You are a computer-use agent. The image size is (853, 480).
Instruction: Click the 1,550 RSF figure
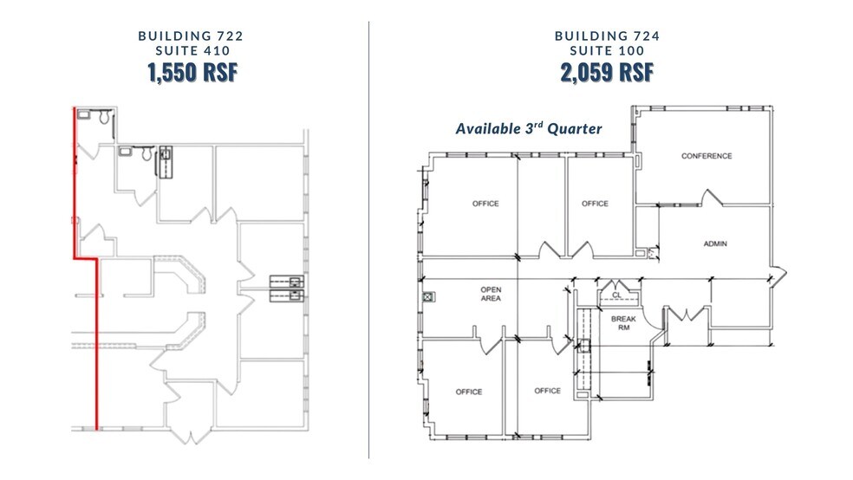pos(192,72)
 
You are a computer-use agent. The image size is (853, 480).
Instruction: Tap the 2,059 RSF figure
pos(607,72)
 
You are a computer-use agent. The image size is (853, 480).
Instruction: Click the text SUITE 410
pos(192,50)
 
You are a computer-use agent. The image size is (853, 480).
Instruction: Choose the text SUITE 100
pos(607,50)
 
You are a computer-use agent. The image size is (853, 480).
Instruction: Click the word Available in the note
pos(488,129)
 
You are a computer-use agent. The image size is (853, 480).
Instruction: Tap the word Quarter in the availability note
pos(575,129)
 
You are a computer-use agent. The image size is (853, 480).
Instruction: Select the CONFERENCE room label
pos(706,156)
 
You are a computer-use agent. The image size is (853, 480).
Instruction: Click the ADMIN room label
pos(715,244)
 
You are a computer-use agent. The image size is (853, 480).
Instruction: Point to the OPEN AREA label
pos(491,294)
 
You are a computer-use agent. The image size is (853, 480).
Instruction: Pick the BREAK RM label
pos(623,323)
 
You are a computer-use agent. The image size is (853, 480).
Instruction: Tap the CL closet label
pos(616,295)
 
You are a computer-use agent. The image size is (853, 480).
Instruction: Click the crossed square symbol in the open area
pos(429,297)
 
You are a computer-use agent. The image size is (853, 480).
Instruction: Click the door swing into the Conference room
pos(711,198)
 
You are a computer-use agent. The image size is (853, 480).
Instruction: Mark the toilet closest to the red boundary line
pos(104,116)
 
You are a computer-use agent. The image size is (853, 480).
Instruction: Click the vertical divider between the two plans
pos(368,240)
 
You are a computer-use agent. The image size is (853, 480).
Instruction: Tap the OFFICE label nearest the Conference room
pos(595,204)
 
